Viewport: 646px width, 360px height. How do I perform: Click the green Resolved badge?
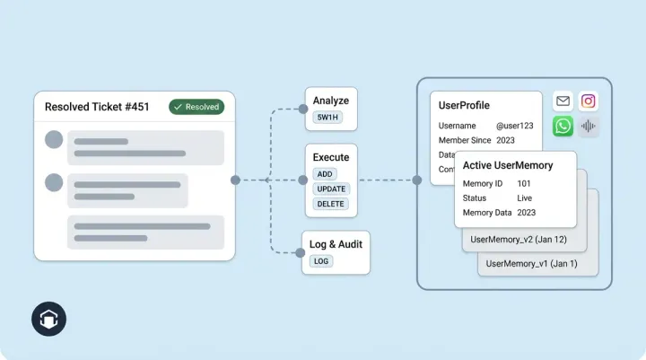click(x=196, y=107)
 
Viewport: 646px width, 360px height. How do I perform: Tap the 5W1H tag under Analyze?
click(x=327, y=118)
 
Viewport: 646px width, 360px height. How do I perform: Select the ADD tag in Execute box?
click(x=325, y=173)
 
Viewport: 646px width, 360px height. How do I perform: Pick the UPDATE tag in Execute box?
click(x=331, y=189)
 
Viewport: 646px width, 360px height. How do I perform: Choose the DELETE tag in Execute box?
click(x=330, y=204)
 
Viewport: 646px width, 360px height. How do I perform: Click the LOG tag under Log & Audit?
click(x=320, y=261)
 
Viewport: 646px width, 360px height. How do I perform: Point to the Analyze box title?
click(x=330, y=101)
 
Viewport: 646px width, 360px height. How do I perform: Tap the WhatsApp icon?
click(x=563, y=126)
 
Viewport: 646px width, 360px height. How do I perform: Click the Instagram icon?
click(x=589, y=101)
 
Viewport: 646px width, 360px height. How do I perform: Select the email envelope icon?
click(x=563, y=101)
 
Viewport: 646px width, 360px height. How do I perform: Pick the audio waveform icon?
click(x=589, y=126)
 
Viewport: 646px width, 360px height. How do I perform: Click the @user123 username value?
click(x=515, y=126)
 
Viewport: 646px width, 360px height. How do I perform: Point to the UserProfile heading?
click(x=464, y=105)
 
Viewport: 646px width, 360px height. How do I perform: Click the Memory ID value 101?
click(x=524, y=183)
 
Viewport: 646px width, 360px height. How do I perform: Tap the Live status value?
click(x=525, y=198)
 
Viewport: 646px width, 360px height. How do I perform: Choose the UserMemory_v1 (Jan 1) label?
click(x=531, y=264)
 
